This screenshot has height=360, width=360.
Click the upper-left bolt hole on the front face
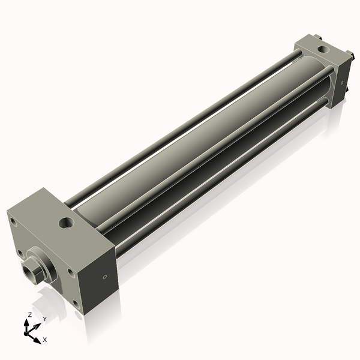coord(13,221)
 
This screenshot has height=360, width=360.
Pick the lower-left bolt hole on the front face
coord(22,253)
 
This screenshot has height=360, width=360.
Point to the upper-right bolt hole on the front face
coord(71,272)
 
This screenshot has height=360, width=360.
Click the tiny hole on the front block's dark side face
coord(104,277)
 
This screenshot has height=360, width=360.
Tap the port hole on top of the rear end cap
coord(323,49)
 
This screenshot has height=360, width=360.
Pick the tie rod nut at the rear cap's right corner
coord(349,91)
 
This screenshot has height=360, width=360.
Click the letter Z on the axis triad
coord(29,315)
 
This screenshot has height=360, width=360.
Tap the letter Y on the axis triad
coord(44,318)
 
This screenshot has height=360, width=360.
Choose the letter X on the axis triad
coord(44,340)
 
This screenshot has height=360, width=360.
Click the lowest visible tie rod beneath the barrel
coord(222,180)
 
